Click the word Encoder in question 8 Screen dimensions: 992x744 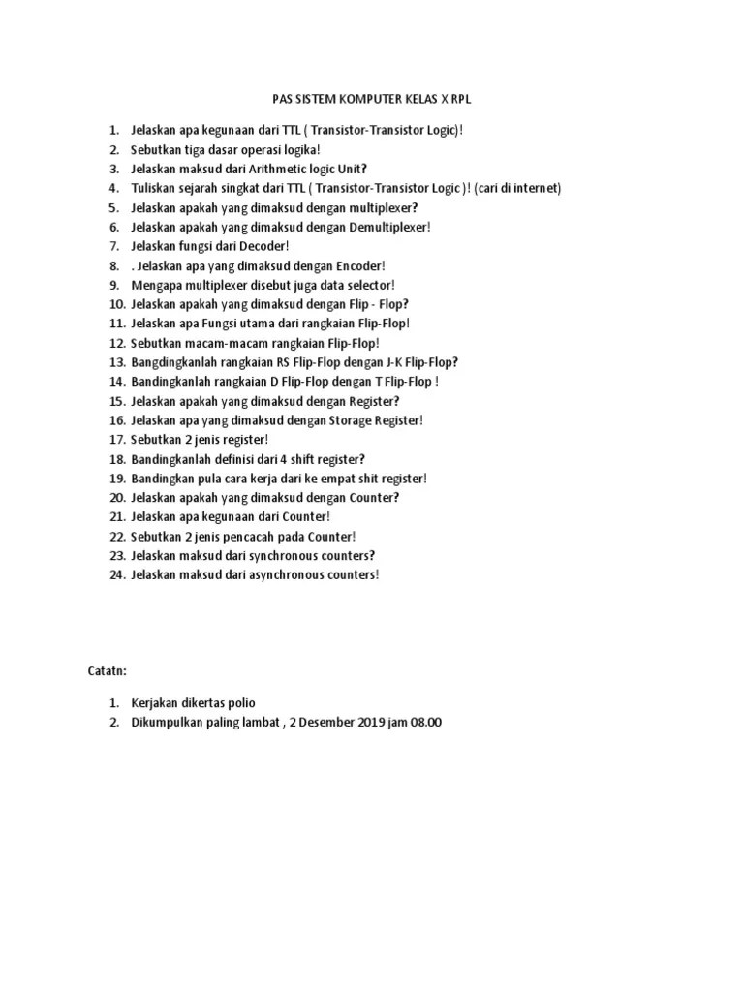click(359, 265)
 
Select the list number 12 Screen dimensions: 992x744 click(116, 343)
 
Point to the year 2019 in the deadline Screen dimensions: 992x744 click(363, 723)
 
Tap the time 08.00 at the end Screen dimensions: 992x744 click(425, 723)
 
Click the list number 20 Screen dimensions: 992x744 click(116, 498)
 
